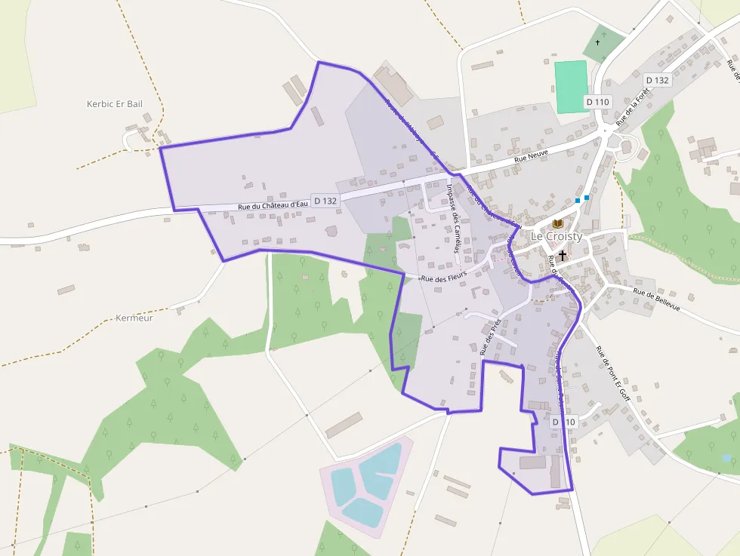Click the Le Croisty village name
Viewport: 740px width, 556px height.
[557, 236]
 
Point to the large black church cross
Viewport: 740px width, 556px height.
[563, 256]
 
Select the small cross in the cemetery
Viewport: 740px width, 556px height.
[598, 42]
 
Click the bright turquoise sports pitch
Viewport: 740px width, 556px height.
[571, 87]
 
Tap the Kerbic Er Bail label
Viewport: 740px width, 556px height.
[115, 103]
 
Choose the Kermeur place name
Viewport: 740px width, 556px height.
[135, 318]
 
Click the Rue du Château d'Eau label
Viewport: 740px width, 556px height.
[273, 204]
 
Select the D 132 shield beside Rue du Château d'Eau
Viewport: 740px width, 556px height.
[325, 201]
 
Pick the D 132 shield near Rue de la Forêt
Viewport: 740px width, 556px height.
[657, 80]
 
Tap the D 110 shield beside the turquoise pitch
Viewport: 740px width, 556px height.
[597, 102]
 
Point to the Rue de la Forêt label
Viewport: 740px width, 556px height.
[633, 107]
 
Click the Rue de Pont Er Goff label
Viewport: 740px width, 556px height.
[612, 373]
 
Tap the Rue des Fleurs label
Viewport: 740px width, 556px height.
[444, 278]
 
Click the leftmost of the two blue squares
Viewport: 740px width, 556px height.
[578, 200]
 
